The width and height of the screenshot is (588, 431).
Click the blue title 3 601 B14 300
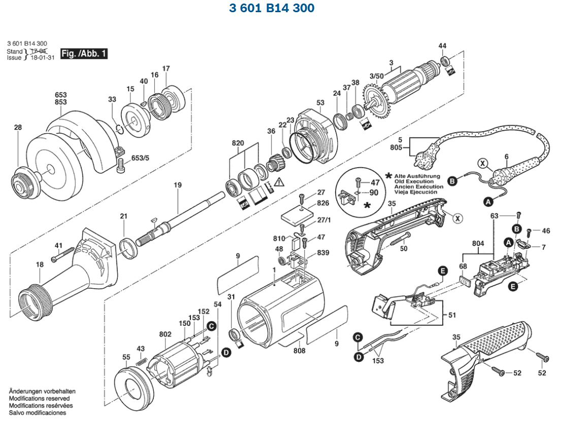(272, 8)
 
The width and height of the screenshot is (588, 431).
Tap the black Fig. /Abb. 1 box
(84, 53)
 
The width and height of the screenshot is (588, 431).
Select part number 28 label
(18, 128)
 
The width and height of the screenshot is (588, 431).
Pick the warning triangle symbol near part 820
(279, 181)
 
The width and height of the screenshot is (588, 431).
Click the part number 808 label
(300, 350)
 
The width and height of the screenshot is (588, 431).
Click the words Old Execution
(414, 181)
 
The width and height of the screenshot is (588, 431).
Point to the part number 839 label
(322, 253)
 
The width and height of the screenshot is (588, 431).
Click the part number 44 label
(442, 46)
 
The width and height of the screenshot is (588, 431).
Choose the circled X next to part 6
(482, 164)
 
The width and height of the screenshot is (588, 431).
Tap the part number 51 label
(452, 315)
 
